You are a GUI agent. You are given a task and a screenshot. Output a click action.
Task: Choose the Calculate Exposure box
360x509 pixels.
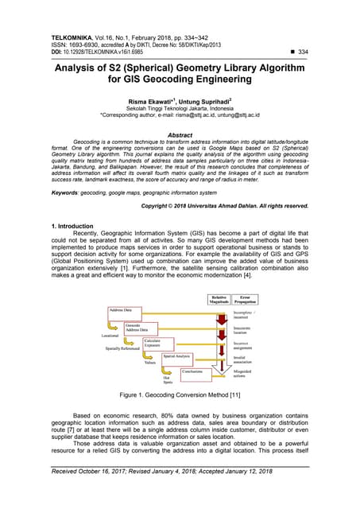tap(157, 343)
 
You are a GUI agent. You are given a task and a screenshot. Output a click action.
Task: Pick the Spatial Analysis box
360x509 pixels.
tap(176, 358)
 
